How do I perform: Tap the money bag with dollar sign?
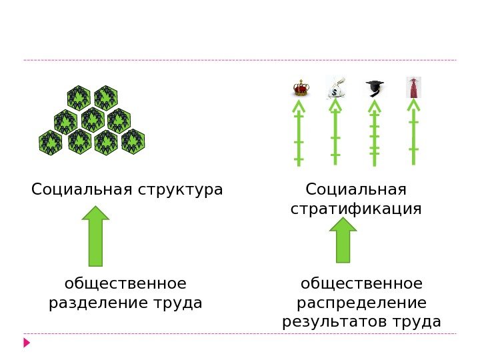pos(337,88)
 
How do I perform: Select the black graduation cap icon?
pos(375,88)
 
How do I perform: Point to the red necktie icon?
pos(413,88)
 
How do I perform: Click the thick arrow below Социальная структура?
pos(96,236)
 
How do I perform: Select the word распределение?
pos(361,303)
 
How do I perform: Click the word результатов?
pos(334,323)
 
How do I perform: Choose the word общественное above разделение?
pos(125,284)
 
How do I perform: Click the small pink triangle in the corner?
pos(27,343)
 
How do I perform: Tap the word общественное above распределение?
pos(361,284)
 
